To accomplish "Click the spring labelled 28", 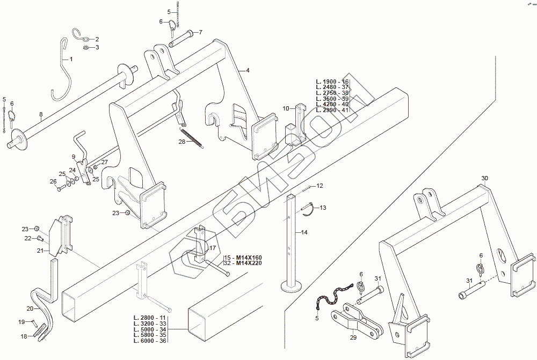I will click(192, 137).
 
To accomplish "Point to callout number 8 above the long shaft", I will click(41, 114).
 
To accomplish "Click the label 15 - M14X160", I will click(242, 258).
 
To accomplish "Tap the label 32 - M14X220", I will click(242, 264).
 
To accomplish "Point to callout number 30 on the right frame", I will click(484, 178).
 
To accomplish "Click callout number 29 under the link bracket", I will click(353, 337).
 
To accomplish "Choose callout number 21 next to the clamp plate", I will click(40, 250).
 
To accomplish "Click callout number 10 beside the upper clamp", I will click(286, 108).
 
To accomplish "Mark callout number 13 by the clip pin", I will click(323, 207).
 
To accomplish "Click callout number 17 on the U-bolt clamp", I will click(213, 248).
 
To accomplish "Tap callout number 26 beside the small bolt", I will click(53, 181).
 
